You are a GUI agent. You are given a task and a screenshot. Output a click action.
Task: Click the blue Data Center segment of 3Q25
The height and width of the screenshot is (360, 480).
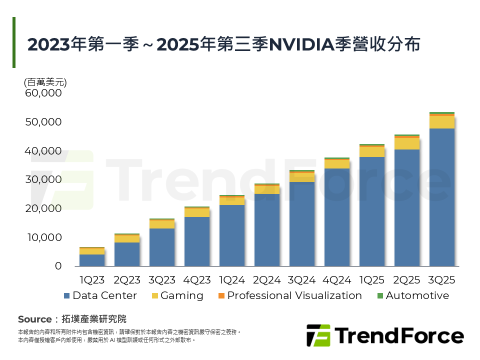pos(442,197)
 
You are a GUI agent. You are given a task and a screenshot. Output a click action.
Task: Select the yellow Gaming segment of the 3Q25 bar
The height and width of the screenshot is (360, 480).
pos(442,122)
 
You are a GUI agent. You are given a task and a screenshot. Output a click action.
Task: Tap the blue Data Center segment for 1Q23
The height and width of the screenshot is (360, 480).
pos(92,260)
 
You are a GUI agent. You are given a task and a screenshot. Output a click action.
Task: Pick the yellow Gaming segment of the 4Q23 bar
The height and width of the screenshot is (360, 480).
pos(197,212)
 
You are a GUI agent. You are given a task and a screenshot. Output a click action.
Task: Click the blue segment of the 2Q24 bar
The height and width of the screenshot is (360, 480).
pos(267,230)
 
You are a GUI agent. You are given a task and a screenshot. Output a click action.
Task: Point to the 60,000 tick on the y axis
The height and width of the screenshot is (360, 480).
pos(44,93)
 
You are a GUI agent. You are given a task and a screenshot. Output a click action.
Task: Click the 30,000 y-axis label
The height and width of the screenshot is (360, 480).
pos(44,179)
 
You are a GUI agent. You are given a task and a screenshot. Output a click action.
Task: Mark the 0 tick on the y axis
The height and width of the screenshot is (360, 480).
pos(58,266)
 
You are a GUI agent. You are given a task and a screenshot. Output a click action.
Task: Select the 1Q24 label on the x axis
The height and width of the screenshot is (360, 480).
pos(232,280)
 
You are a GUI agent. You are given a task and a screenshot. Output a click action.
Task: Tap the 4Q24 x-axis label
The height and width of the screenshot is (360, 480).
pos(337,280)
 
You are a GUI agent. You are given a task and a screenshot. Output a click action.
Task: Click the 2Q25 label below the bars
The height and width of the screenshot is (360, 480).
pos(407,280)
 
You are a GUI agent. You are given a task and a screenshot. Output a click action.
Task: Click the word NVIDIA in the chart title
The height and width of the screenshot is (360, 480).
pos(301,45)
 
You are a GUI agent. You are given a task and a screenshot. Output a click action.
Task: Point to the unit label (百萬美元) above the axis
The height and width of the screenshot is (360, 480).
pos(45,82)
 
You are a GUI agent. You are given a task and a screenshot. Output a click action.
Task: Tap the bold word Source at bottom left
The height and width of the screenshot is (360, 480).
pos(34,319)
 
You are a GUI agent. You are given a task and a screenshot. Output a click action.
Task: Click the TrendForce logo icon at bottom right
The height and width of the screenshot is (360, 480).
pos(318,335)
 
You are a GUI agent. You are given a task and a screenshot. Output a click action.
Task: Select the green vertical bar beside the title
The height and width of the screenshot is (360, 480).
pos(14,42)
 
